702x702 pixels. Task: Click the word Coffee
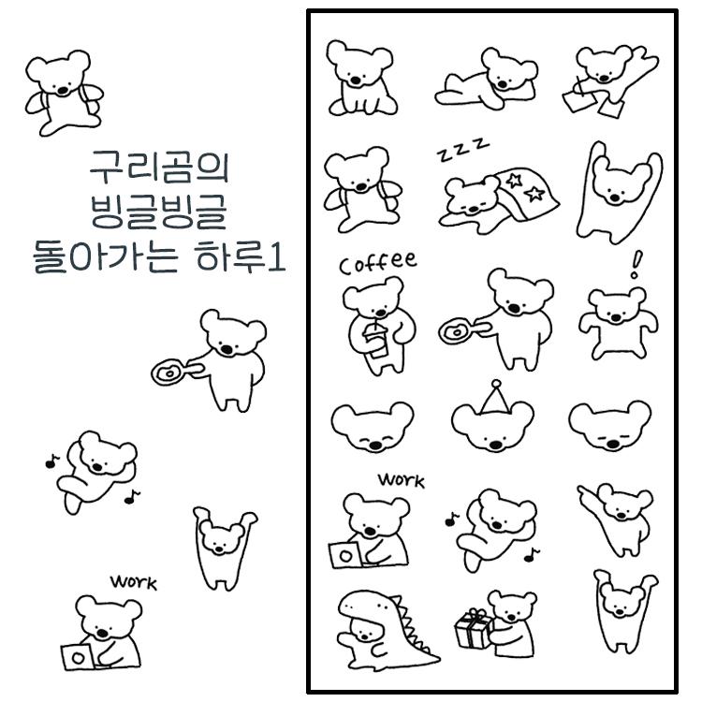click(x=378, y=263)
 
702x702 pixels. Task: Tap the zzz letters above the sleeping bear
click(x=461, y=149)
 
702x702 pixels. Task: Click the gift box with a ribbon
click(x=474, y=629)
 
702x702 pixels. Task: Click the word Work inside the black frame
click(x=401, y=481)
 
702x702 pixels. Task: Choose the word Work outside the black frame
click(x=133, y=582)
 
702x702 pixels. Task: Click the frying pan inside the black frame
click(x=458, y=331)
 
